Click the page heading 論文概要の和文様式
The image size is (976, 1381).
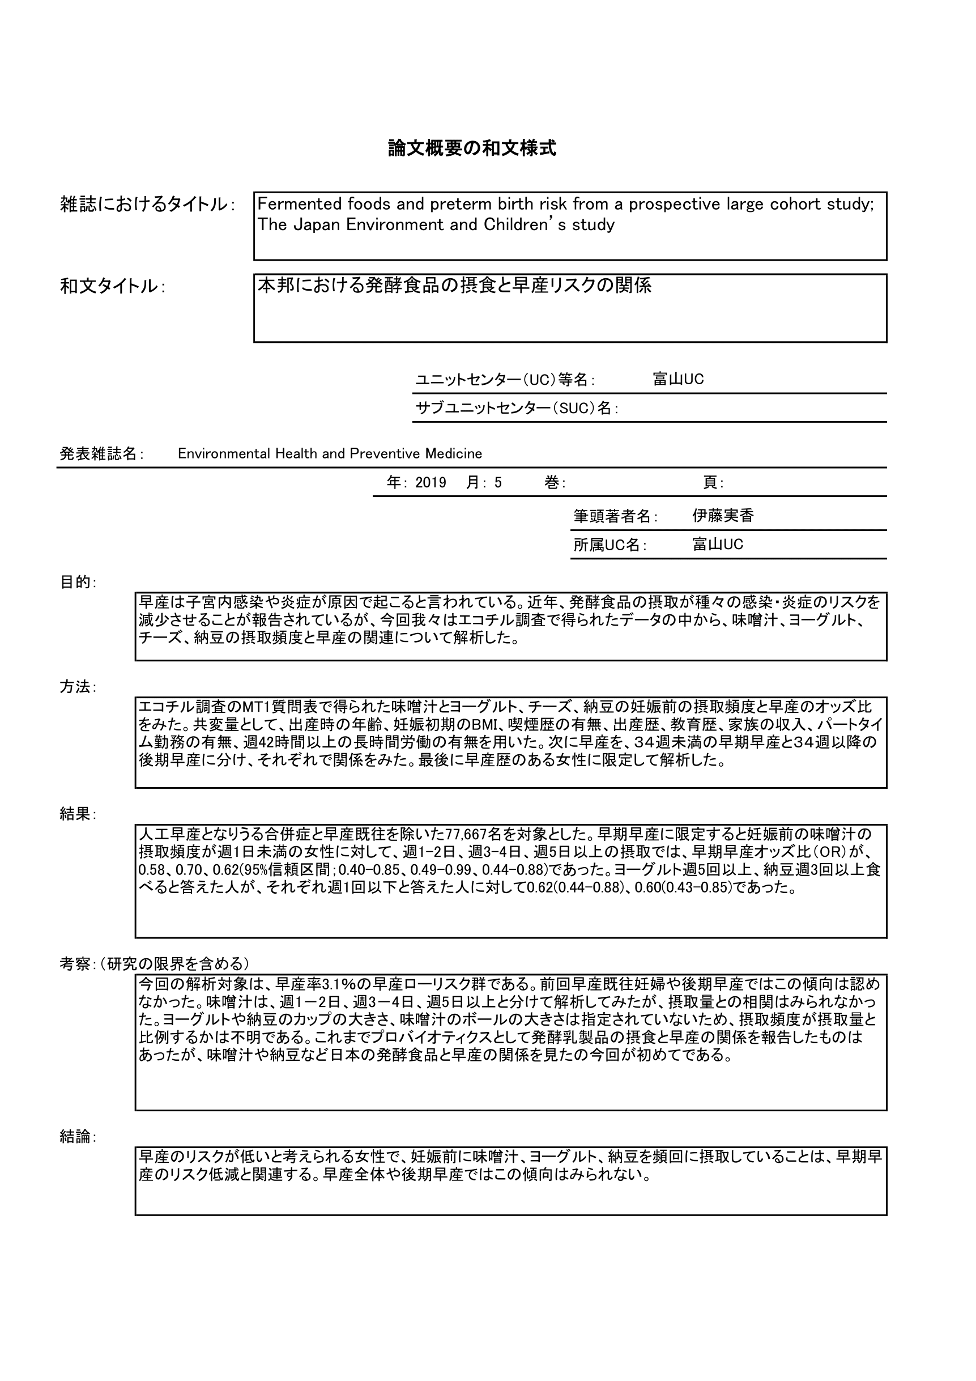tap(472, 148)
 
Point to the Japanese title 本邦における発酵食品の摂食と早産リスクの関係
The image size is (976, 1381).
tap(455, 285)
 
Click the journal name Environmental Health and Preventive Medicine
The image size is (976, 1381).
tap(330, 453)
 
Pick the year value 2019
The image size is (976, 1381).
tap(431, 482)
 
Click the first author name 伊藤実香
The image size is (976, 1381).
tap(723, 516)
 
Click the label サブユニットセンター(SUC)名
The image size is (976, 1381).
tap(516, 409)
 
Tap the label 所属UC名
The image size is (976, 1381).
tap(609, 545)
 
